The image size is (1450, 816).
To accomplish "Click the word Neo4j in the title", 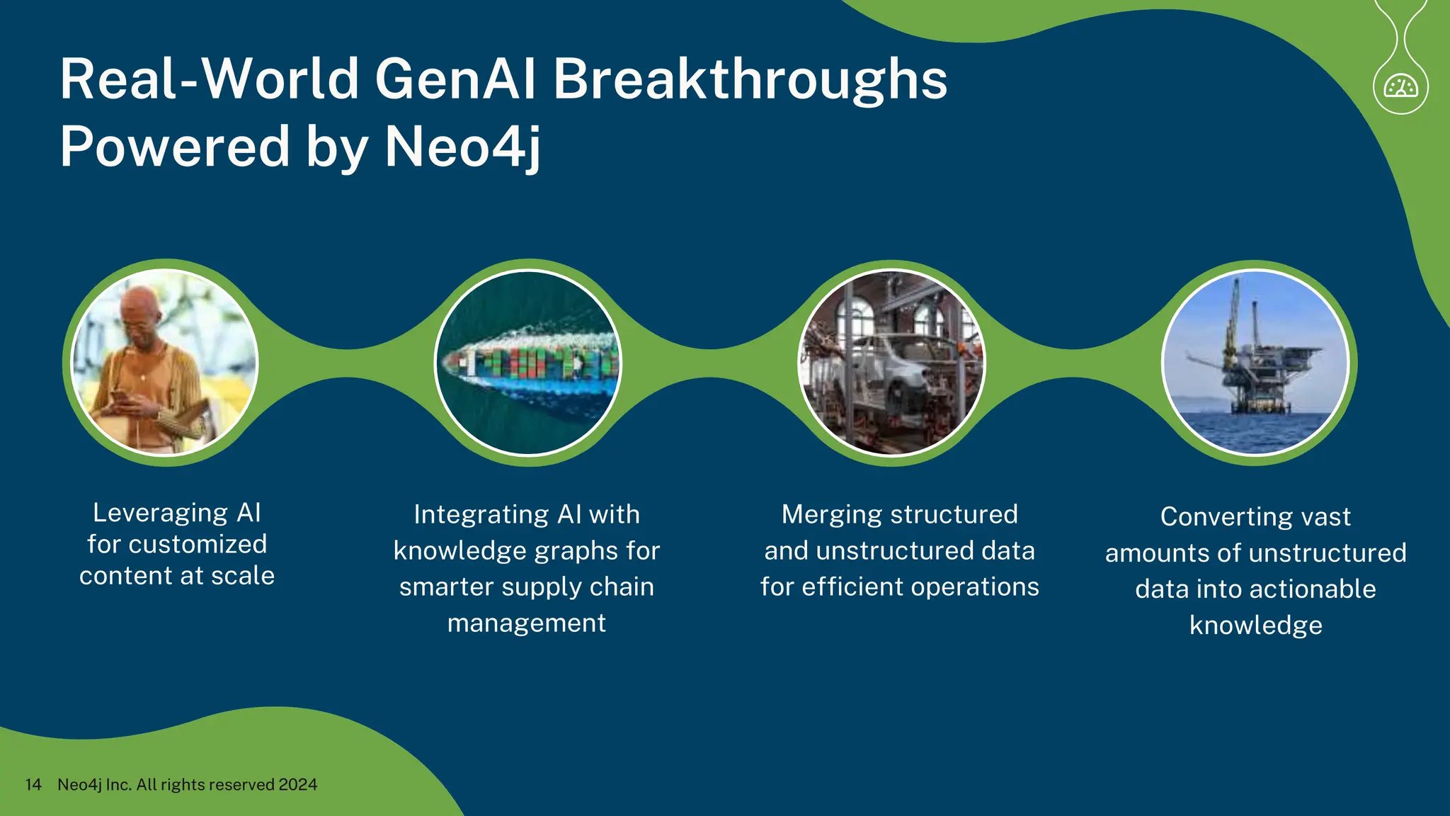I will click(462, 147).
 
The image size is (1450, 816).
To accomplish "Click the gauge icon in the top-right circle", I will click(1400, 87).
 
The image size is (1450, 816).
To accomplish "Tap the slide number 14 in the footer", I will click(33, 784).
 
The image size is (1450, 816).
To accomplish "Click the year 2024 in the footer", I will click(297, 784).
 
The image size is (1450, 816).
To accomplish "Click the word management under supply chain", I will click(526, 623).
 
